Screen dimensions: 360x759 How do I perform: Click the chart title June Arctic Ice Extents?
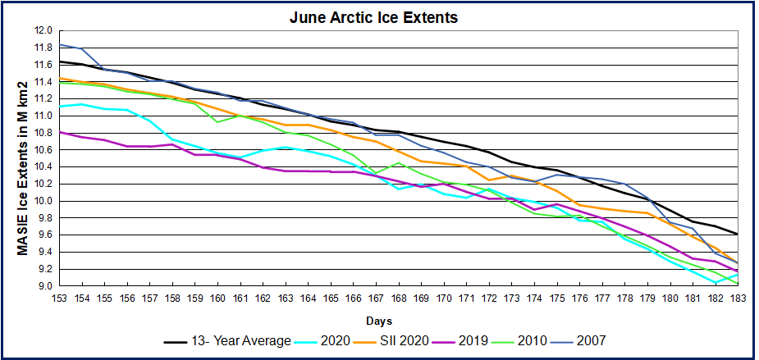pos(379,16)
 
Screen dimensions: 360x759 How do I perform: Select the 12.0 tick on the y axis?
pos(43,30)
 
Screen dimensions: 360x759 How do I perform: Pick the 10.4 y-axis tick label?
pos(43,166)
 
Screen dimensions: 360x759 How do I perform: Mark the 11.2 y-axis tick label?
pos(43,98)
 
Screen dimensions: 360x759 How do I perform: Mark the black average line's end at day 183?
pos(736,234)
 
